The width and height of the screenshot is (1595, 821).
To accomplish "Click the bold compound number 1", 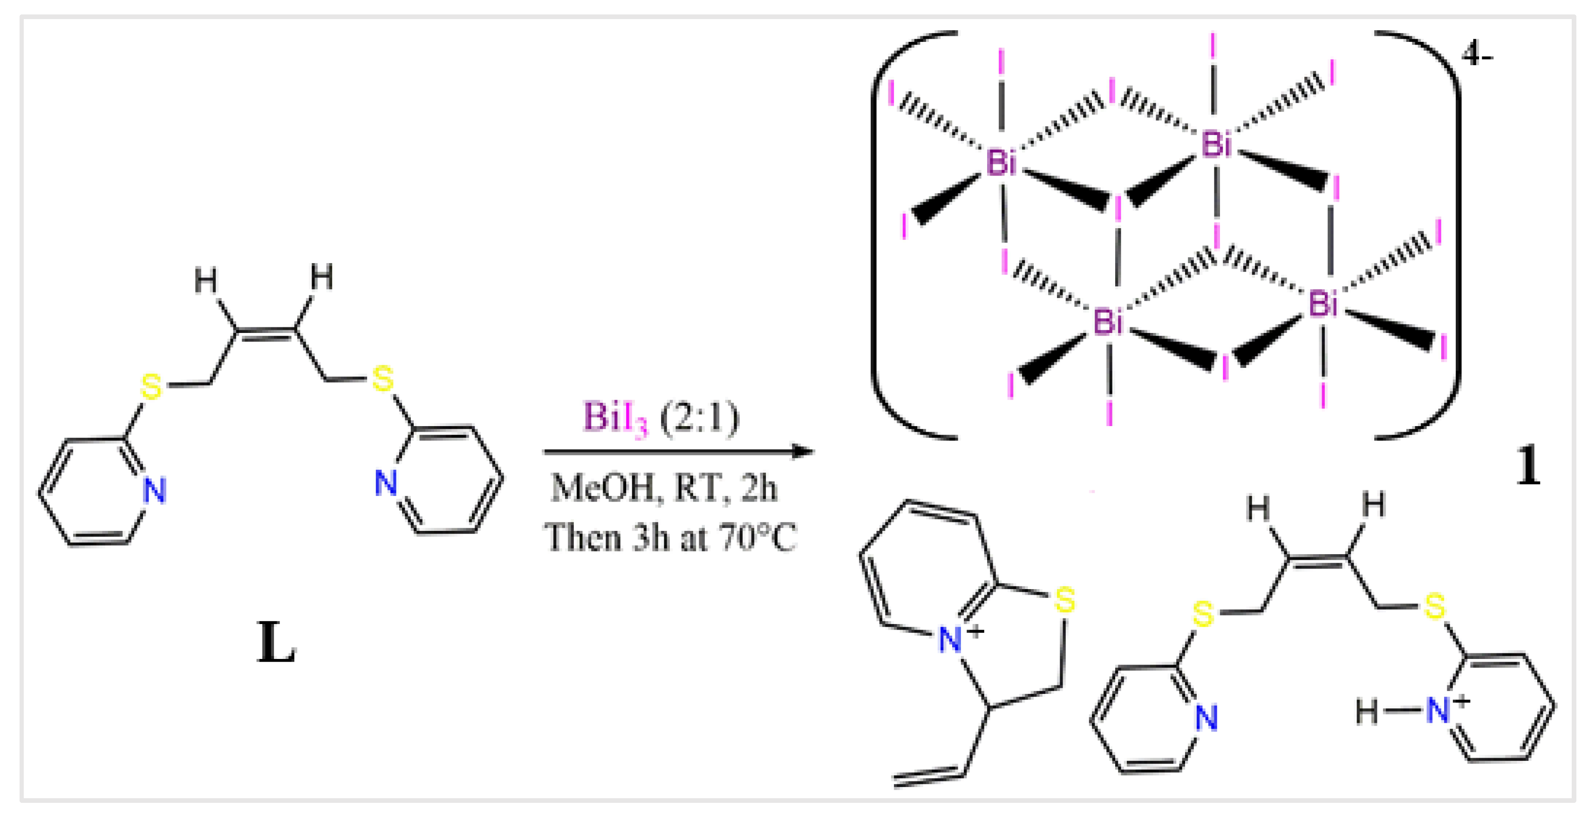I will tap(1527, 467).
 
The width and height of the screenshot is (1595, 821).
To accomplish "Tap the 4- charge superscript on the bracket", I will tap(1478, 56).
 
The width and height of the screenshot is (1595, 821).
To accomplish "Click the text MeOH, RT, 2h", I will tap(664, 489).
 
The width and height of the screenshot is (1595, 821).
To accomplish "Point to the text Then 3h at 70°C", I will tap(670, 537).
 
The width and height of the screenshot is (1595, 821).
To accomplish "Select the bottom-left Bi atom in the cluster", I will tap(1108, 321).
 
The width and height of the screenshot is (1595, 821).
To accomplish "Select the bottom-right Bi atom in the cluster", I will tap(1322, 304).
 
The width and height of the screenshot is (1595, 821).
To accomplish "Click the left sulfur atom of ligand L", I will tap(151, 387).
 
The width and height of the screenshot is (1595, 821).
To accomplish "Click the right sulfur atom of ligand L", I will tap(382, 378).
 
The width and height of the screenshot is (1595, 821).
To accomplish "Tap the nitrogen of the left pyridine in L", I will tap(154, 491).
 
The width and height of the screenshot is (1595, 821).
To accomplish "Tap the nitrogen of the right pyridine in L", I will tap(386, 483).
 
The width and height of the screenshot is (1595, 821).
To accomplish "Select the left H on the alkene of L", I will tap(205, 280).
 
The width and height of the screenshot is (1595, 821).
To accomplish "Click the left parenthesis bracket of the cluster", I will tap(892, 235).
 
